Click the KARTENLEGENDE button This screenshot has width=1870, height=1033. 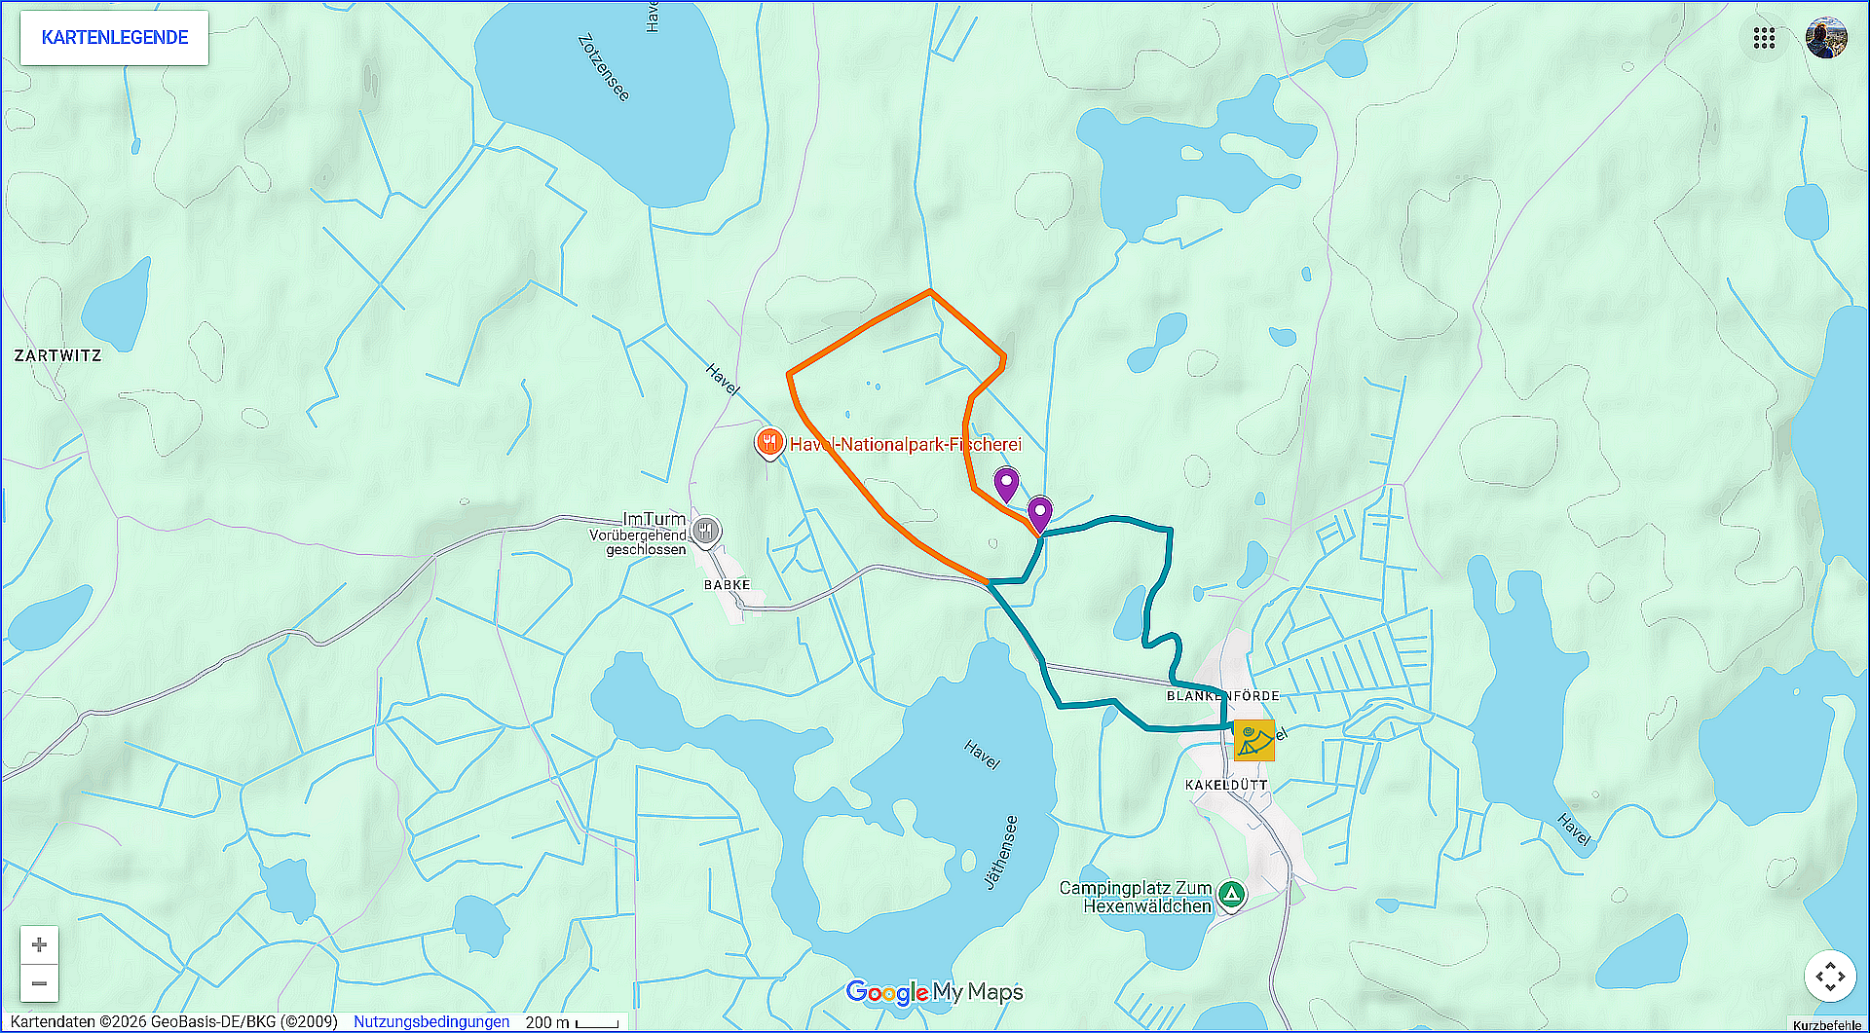(x=115, y=38)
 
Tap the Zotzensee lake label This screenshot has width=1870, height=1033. (x=604, y=67)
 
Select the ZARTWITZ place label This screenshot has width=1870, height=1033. (x=57, y=355)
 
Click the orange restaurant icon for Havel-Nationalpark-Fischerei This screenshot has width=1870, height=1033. (x=769, y=443)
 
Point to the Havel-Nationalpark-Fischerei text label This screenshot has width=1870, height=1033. (x=906, y=445)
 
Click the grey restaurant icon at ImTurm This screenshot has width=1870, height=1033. (x=706, y=531)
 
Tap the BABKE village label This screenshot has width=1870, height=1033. (x=727, y=585)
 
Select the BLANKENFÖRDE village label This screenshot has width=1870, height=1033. (x=1222, y=696)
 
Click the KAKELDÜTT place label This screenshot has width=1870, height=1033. (x=1226, y=785)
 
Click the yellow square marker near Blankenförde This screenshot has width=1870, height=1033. (x=1253, y=740)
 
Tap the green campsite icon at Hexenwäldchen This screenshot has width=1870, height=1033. (x=1231, y=894)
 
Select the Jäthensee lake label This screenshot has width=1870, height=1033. (x=1002, y=852)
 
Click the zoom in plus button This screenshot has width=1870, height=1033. (x=39, y=944)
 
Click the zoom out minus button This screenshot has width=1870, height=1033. (x=39, y=983)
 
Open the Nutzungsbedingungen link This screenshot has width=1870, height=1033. (x=431, y=1021)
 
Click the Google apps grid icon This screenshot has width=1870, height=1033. (x=1764, y=38)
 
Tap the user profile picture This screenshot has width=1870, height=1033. (x=1826, y=38)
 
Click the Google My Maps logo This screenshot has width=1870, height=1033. (x=935, y=992)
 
